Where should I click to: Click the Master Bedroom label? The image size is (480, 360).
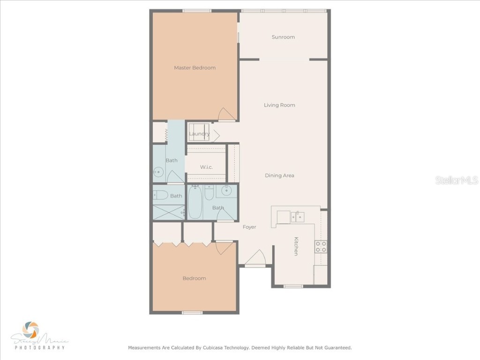click(195, 67)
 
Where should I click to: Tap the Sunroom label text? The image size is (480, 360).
click(283, 37)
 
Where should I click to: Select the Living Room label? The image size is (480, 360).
click(279, 105)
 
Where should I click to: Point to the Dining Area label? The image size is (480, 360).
click(279, 175)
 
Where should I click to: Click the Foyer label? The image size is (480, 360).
click(249, 227)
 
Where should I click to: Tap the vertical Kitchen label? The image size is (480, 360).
click(296, 246)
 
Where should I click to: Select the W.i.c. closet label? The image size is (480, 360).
click(207, 167)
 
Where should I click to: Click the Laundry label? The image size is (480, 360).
click(199, 134)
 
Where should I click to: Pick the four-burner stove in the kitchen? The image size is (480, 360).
click(321, 247)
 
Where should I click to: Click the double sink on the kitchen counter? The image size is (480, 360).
click(296, 217)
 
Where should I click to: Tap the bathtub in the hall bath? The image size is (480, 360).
click(195, 202)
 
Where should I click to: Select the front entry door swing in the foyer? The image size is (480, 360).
click(256, 257)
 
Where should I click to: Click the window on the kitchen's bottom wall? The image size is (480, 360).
click(293, 286)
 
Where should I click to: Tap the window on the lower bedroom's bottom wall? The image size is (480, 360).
click(192, 312)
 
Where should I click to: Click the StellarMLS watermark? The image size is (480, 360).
click(456, 180)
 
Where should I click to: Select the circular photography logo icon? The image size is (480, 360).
click(31, 330)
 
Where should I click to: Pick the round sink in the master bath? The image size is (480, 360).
click(157, 172)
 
